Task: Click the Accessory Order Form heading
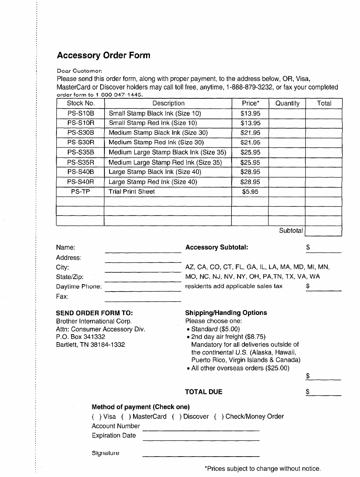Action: tap(103, 55)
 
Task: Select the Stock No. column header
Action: tap(81, 103)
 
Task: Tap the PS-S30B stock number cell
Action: tap(81, 133)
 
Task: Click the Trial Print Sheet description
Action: tap(132, 191)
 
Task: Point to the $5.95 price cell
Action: tap(250, 191)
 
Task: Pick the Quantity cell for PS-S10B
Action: tap(287, 113)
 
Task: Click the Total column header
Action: tap(324, 103)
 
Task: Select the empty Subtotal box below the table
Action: tap(323, 231)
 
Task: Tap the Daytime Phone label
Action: tap(79, 287)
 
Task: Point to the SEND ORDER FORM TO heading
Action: tap(94, 313)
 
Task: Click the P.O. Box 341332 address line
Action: tap(81, 337)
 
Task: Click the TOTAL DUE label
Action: tap(204, 392)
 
